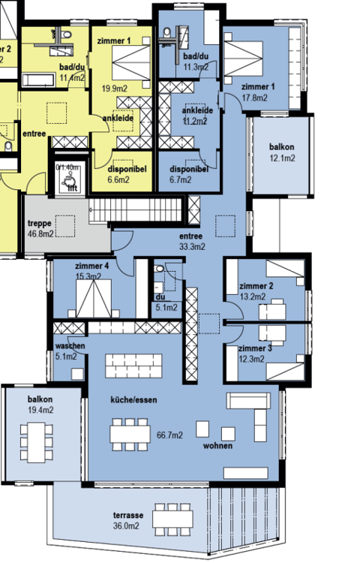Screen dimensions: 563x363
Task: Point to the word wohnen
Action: (217, 446)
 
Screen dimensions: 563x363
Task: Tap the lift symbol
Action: (69, 182)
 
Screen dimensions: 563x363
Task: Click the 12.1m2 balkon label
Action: (282, 152)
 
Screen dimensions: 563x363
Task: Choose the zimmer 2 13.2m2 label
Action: (255, 291)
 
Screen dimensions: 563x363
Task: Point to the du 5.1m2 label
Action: (165, 301)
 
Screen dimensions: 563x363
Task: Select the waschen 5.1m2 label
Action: (70, 351)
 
